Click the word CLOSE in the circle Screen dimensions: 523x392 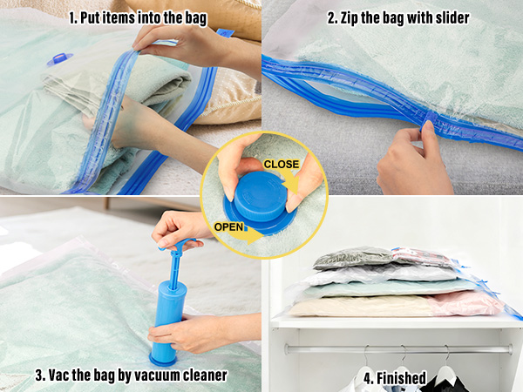pos(282,165)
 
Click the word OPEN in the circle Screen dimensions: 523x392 pos(228,227)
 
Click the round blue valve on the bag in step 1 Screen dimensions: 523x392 pos(59,59)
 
